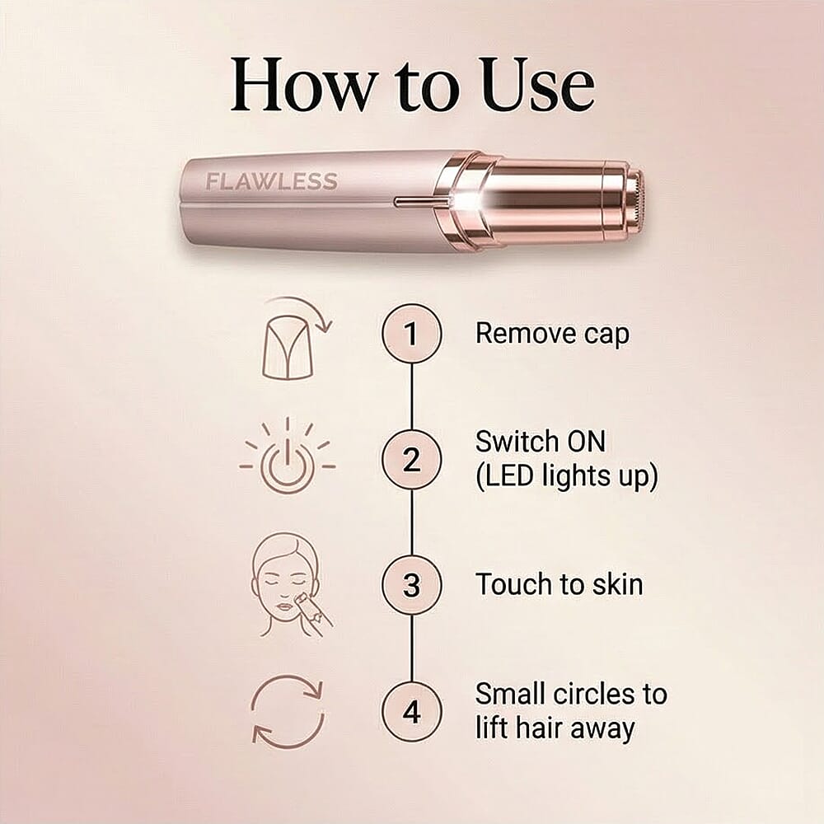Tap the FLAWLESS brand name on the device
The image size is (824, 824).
271,182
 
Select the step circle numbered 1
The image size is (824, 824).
411,334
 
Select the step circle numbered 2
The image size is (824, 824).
411,460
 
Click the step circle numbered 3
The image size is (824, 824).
411,585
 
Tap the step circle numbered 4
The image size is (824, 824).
411,710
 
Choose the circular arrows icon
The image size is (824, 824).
288,710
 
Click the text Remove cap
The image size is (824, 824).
552,334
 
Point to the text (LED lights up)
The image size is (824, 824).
566,478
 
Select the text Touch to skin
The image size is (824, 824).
559,585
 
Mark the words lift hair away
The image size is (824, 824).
555,728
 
